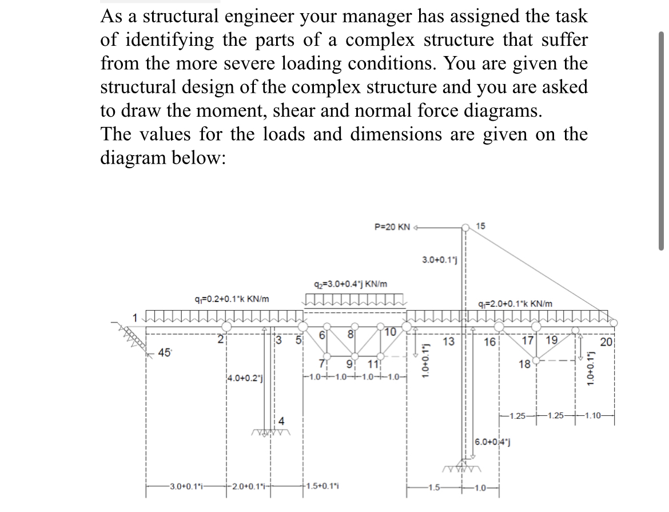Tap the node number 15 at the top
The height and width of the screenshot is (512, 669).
[x=481, y=227]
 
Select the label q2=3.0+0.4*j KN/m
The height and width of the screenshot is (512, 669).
[x=351, y=284]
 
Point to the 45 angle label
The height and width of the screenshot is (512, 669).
[x=165, y=352]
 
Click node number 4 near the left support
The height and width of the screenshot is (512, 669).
[x=281, y=422]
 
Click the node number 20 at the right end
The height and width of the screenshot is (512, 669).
[x=607, y=342]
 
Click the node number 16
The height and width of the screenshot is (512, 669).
[x=489, y=342]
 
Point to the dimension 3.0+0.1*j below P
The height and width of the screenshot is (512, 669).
[x=438, y=260]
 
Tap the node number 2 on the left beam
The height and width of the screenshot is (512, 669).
[x=219, y=338]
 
